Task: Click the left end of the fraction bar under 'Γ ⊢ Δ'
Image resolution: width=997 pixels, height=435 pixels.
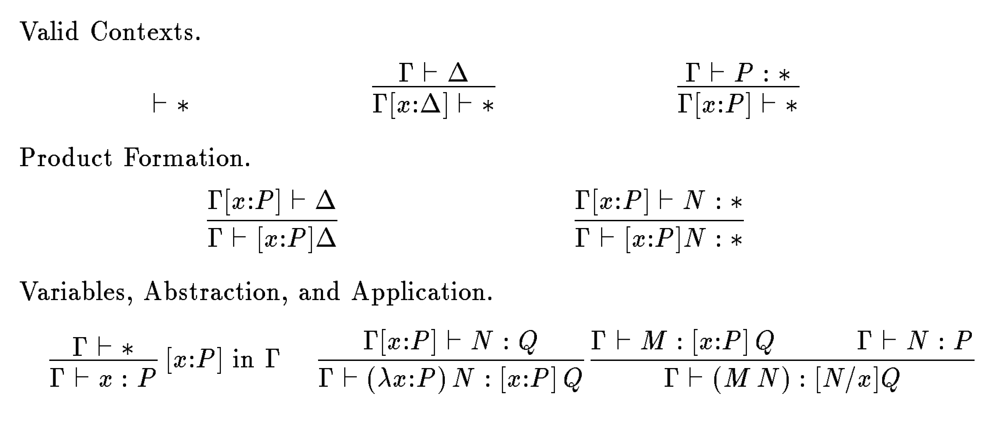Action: click(373, 86)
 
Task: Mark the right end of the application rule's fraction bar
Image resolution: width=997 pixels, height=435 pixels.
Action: click(974, 360)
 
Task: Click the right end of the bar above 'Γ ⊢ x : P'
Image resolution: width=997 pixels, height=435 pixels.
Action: click(157, 360)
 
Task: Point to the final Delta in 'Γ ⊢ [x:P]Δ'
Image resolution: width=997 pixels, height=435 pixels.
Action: click(326, 237)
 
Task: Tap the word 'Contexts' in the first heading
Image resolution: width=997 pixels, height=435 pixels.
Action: click(142, 31)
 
